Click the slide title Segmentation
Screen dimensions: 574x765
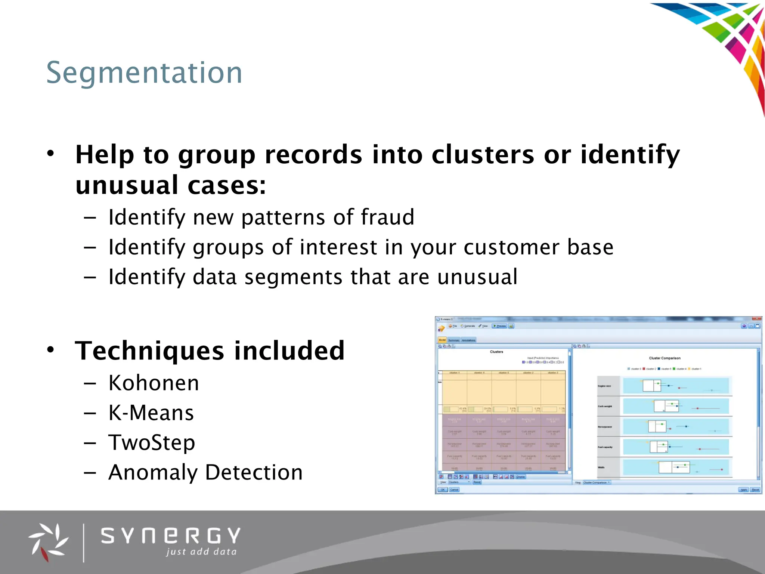coord(144,72)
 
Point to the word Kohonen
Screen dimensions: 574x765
coord(154,383)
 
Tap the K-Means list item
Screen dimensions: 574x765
coord(151,413)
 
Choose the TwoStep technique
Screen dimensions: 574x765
coord(152,443)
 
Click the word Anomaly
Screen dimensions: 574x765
coord(152,472)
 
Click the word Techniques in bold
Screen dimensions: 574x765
coord(150,351)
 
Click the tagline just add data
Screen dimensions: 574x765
coord(201,552)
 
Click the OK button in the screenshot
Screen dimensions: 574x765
coord(443,490)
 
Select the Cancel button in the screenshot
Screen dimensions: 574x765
coord(454,490)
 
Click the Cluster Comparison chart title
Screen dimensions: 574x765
coord(665,358)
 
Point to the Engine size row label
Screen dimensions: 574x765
coord(604,386)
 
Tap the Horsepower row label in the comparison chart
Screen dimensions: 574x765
coord(605,427)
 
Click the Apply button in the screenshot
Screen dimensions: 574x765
coord(744,490)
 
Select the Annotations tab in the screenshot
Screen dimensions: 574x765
coord(468,340)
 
